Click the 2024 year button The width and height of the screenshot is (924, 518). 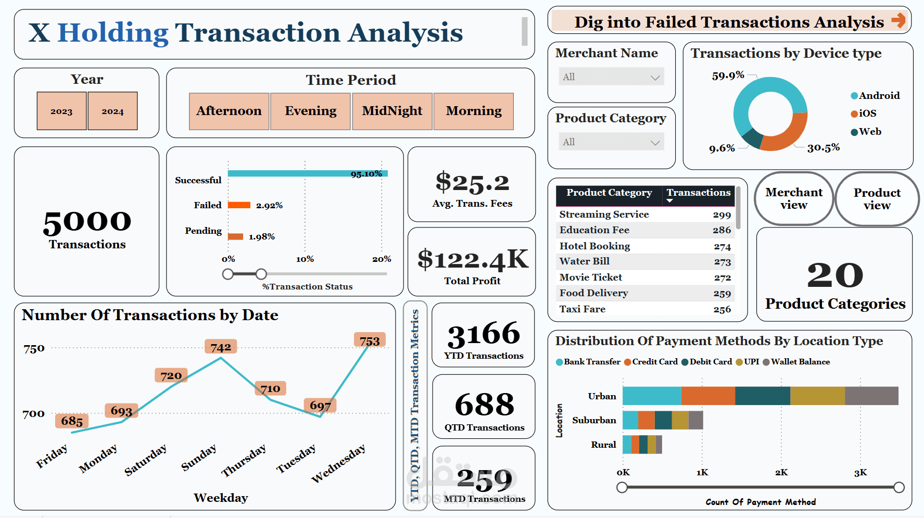pos(112,111)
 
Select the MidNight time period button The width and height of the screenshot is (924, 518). pos(392,111)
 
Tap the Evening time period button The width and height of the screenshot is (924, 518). pos(310,111)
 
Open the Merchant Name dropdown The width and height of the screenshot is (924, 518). pos(611,77)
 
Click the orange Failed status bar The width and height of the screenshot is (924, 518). pos(239,205)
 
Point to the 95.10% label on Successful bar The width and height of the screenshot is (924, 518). pos(366,174)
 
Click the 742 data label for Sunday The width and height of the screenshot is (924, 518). pos(221,347)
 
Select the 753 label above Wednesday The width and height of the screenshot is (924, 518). pos(370,341)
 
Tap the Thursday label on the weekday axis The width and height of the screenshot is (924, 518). pos(244,460)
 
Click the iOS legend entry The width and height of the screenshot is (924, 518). pos(867,113)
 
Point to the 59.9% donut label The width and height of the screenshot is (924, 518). pos(728,75)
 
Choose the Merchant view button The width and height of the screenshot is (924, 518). pos(794,199)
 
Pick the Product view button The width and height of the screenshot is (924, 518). pos(877,199)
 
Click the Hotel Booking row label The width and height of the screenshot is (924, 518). pos(594,246)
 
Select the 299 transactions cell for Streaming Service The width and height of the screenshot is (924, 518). pos(722,214)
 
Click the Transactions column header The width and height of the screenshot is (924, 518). pos(699,193)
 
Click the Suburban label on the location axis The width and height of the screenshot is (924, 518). pos(594,420)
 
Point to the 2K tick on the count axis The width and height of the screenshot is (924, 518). pos(781,473)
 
